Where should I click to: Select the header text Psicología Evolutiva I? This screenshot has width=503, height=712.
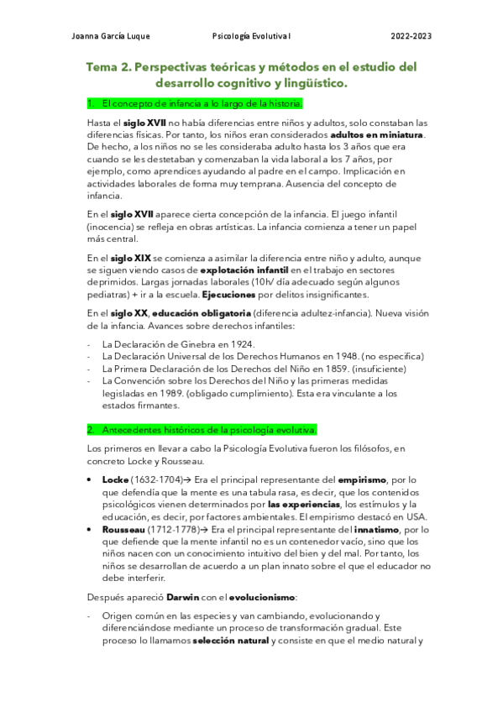tap(252, 36)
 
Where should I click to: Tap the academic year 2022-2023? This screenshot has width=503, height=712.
tap(411, 36)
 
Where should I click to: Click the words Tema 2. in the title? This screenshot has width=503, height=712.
tap(107, 67)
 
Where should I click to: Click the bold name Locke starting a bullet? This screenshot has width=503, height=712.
tap(115, 479)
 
